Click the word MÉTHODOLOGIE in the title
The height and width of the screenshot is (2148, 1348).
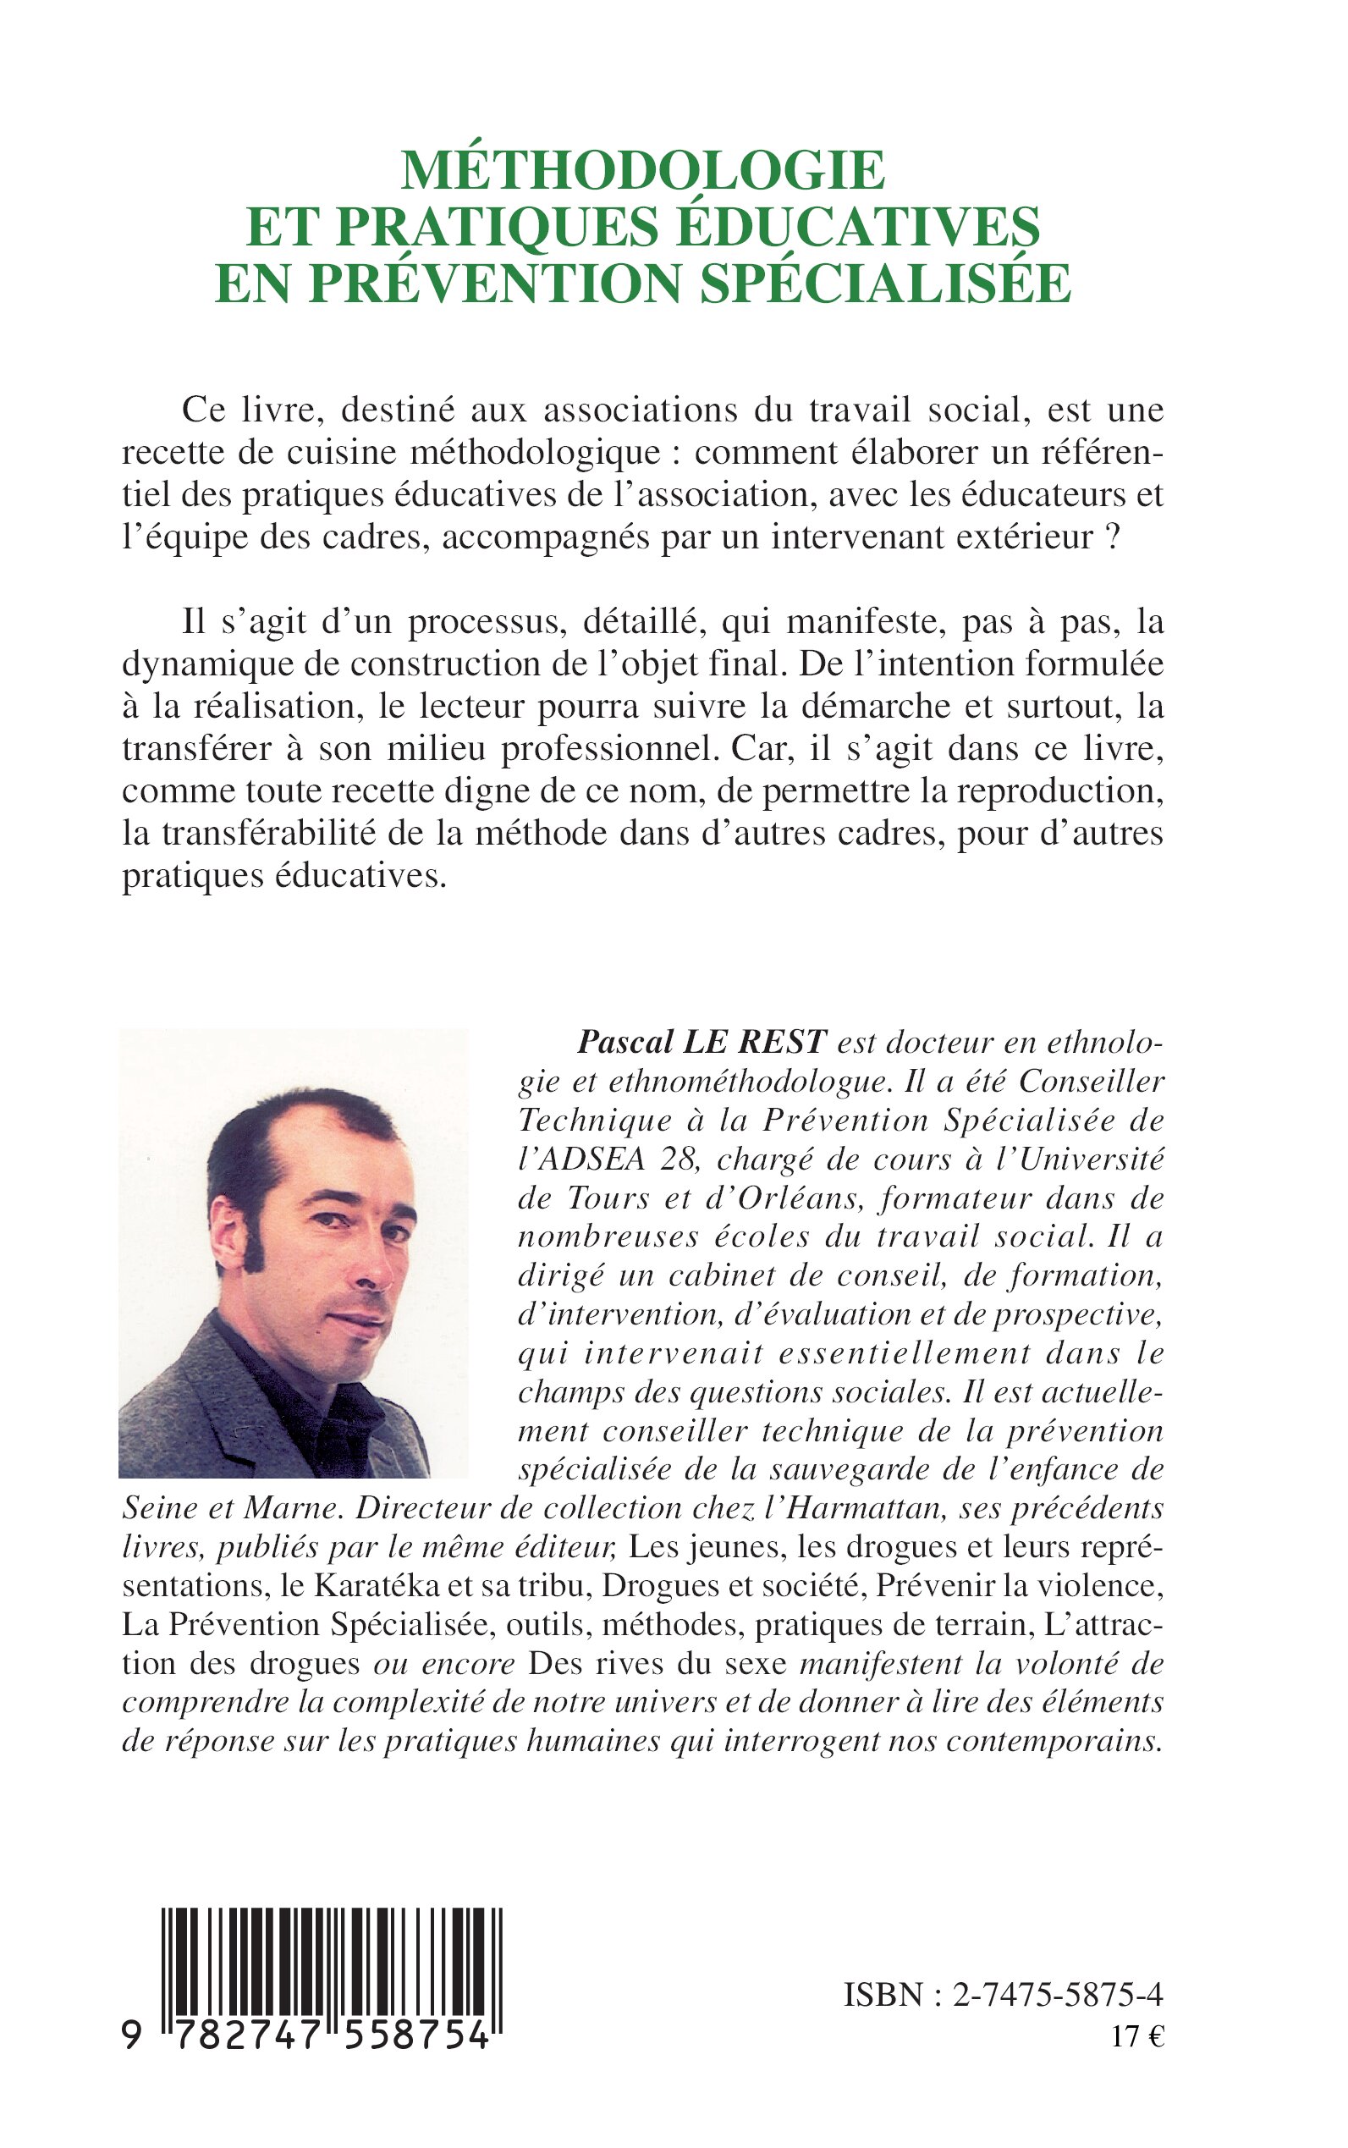[x=643, y=169]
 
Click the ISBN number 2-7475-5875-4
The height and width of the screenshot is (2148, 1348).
[x=1058, y=1995]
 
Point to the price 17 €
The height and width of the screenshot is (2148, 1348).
[x=1137, y=2037]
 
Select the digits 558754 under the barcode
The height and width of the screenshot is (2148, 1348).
[x=428, y=2035]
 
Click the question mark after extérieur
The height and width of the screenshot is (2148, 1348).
[x=1111, y=537]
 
